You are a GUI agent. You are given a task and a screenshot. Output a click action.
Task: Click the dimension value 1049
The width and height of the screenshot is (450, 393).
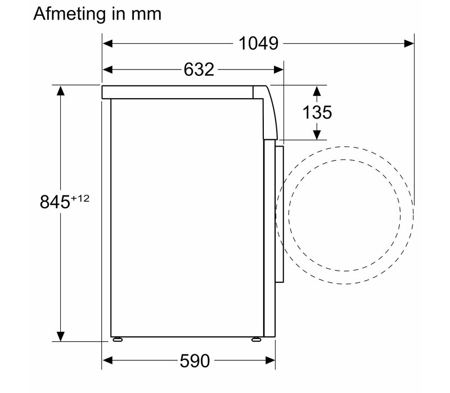[x=258, y=44]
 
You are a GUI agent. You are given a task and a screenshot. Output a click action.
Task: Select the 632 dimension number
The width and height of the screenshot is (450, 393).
[x=199, y=70]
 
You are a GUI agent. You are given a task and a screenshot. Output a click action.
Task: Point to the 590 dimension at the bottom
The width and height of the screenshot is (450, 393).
[x=195, y=360]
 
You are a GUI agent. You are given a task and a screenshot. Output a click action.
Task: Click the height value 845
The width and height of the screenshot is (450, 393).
[x=55, y=202]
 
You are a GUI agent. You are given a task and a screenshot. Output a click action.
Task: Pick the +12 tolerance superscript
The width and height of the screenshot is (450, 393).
[x=80, y=198]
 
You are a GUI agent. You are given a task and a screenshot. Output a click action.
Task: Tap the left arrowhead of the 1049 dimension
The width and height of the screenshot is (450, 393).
[x=107, y=44]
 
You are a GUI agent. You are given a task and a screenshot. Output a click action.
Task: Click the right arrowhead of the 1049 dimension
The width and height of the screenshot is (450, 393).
[x=409, y=44]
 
